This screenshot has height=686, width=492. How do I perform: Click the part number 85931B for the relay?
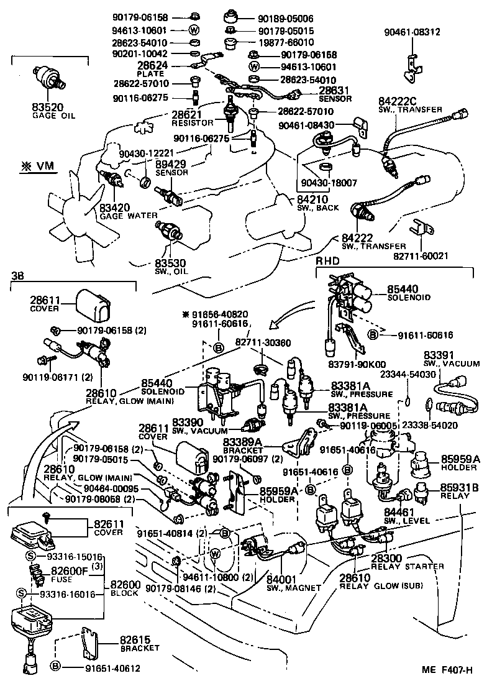coord(460,488)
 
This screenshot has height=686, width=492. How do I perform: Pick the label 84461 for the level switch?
coord(399,512)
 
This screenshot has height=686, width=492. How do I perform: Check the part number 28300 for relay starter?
coord(388,559)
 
